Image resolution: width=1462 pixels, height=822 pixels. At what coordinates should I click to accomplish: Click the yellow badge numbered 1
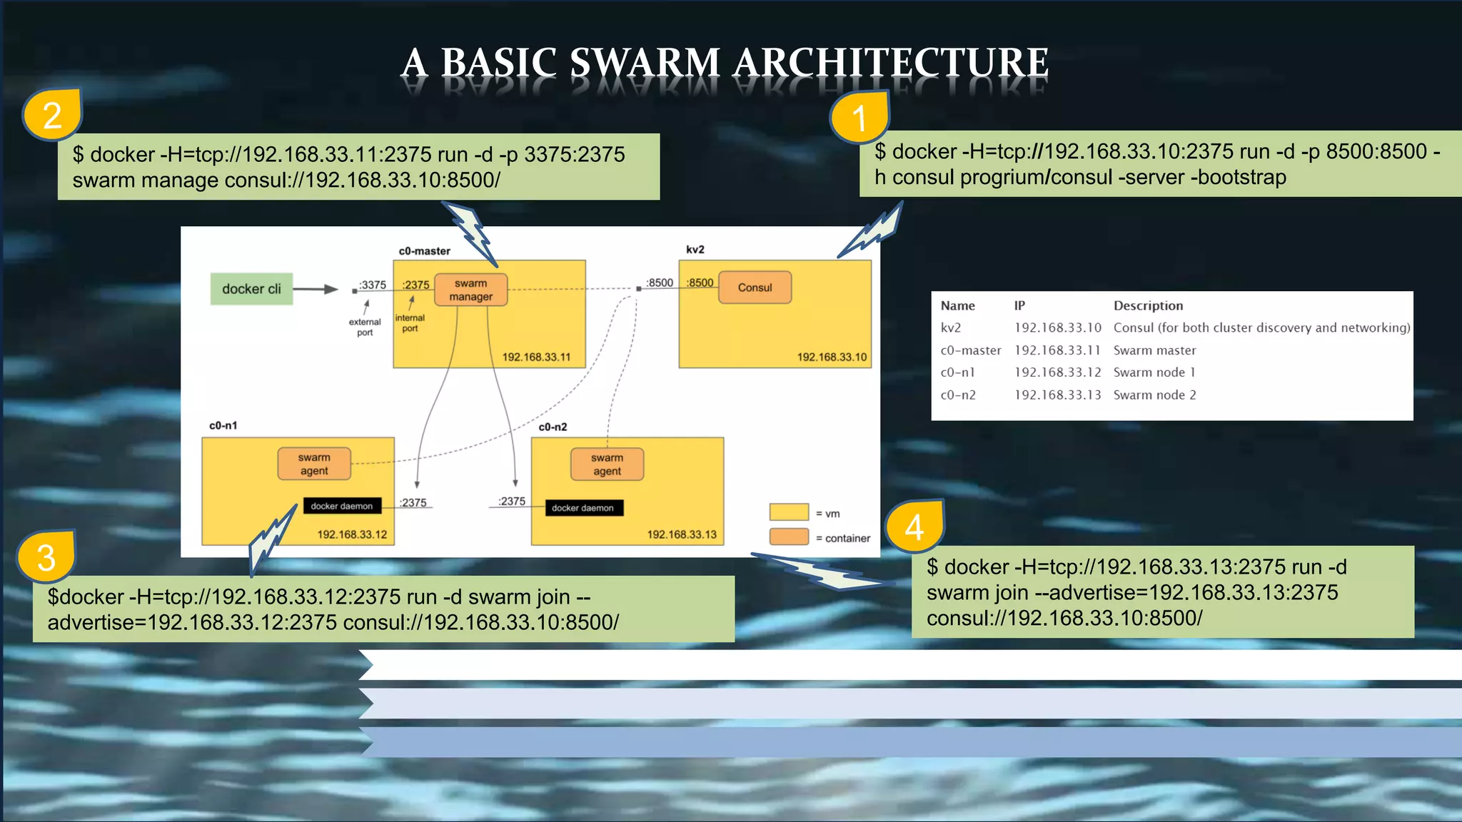click(859, 117)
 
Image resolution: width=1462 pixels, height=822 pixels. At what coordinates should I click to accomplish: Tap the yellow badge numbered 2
click(52, 115)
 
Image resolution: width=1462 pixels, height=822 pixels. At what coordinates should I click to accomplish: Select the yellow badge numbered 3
click(46, 557)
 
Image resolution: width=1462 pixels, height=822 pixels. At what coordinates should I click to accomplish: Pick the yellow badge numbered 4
click(914, 527)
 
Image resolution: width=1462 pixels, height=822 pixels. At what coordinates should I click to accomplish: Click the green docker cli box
click(251, 289)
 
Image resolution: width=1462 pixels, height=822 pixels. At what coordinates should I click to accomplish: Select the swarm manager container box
click(470, 290)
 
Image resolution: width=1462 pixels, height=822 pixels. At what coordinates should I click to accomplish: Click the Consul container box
click(755, 288)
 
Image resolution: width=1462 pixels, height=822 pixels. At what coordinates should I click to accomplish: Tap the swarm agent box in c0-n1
click(314, 464)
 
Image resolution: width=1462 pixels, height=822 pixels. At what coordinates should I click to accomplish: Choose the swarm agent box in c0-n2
click(607, 465)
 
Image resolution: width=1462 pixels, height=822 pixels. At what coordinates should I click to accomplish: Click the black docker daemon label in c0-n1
click(342, 506)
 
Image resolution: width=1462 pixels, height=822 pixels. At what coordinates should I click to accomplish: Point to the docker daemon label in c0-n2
click(583, 508)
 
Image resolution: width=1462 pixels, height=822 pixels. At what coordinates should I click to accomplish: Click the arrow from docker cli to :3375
click(315, 289)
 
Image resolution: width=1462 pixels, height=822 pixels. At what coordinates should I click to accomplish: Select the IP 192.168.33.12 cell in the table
click(1057, 372)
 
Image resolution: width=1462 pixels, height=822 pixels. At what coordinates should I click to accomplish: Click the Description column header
click(1148, 305)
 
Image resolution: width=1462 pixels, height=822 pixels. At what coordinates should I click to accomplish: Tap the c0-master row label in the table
click(970, 350)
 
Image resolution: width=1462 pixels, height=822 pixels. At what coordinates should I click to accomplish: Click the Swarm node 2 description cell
click(1154, 395)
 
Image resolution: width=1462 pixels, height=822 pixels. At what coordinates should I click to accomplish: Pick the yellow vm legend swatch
click(789, 512)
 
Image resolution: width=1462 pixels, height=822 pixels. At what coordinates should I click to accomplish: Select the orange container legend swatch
click(789, 537)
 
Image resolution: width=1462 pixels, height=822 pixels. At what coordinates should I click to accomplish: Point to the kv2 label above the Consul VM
click(695, 250)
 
